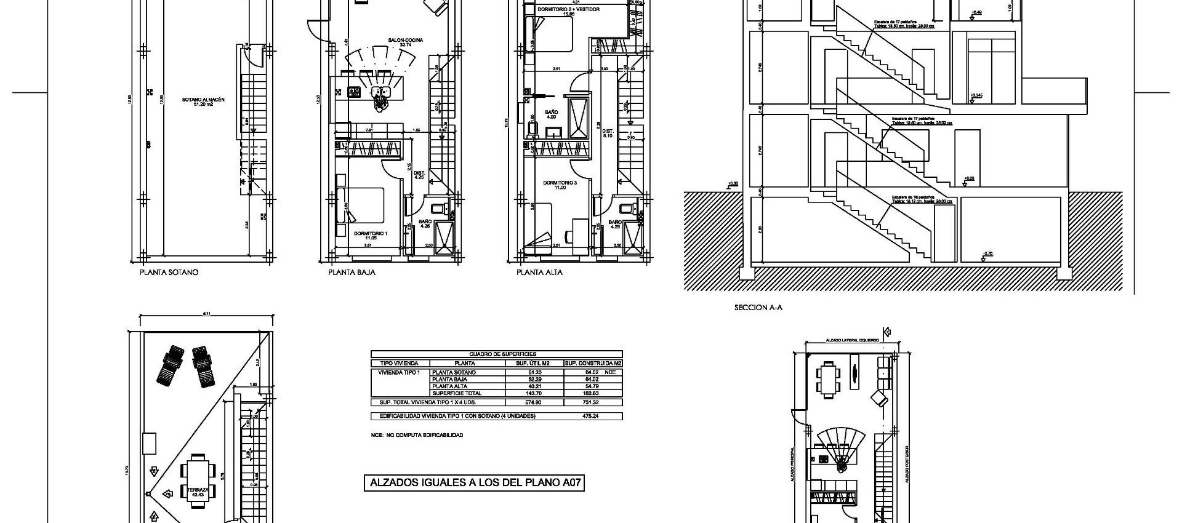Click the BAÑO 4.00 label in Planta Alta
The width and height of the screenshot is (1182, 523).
point(551,114)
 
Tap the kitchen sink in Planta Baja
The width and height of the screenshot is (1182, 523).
point(381,93)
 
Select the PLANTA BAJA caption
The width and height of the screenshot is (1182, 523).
point(352,272)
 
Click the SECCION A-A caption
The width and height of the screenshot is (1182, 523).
point(758,307)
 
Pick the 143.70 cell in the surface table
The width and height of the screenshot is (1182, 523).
point(533,393)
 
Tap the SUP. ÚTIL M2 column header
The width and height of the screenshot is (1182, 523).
point(533,363)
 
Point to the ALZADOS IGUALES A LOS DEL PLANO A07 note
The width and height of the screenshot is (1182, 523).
point(474,483)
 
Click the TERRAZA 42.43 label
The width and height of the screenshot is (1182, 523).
point(198,492)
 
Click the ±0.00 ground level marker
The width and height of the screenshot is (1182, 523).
point(732,183)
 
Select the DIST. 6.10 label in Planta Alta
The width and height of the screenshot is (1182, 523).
point(608,133)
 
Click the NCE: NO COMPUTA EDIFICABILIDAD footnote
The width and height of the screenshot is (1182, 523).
point(417,435)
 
